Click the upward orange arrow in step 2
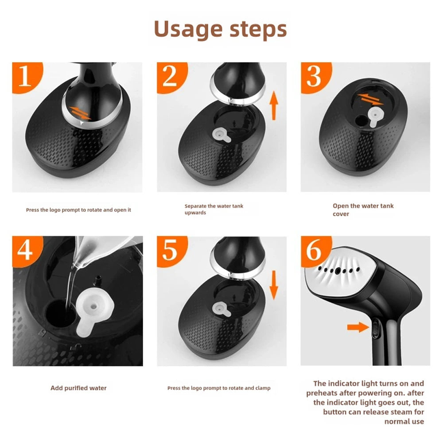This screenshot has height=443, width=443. [273, 105]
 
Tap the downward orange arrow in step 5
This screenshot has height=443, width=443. [273, 285]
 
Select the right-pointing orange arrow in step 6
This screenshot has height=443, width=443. [358, 327]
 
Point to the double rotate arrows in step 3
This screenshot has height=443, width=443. [370, 99]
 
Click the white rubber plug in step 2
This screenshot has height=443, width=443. [222, 135]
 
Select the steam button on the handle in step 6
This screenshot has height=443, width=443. [376, 327]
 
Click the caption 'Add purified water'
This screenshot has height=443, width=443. [78, 388]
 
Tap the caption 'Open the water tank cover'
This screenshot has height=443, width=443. [363, 210]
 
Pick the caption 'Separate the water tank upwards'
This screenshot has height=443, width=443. [214, 209]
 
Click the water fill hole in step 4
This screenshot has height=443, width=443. [60, 314]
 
